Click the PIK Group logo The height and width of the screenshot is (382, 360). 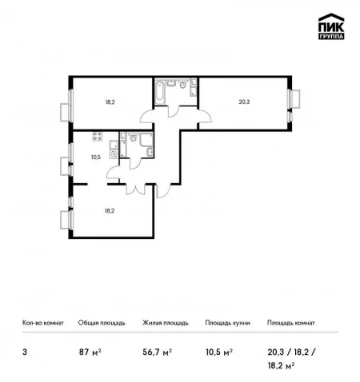[x=331, y=26]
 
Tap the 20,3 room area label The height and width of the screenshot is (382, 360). [x=244, y=101]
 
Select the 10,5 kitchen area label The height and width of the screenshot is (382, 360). [x=96, y=157]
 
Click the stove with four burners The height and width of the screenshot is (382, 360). [x=98, y=136]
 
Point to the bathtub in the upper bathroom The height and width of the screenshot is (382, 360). [x=159, y=92]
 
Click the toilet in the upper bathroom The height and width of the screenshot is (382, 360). [x=182, y=84]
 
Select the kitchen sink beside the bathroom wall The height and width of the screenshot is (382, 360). [x=114, y=154]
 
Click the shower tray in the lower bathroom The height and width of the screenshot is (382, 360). [x=146, y=139]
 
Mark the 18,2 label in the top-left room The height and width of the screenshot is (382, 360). [x=110, y=101]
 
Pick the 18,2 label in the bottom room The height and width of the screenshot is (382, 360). [x=110, y=211]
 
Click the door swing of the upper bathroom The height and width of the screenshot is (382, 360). [x=174, y=111]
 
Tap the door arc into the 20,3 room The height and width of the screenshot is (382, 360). [x=206, y=114]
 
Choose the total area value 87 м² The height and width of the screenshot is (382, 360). [x=90, y=352]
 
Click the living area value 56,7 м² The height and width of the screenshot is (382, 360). [x=157, y=352]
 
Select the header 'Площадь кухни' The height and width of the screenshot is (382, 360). [x=227, y=323]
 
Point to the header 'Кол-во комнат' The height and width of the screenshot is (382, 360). [x=43, y=323]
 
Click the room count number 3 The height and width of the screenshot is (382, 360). [x=25, y=352]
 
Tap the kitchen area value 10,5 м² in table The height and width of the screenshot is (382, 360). [x=219, y=352]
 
